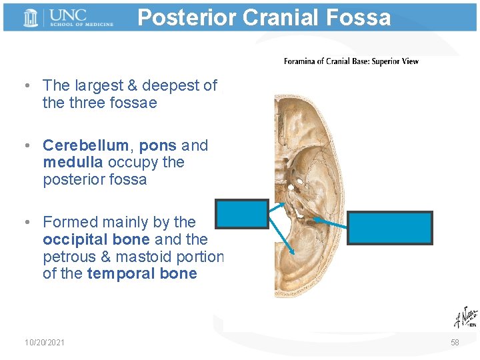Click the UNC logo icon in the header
pos(31,17)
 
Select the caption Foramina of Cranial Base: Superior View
pos(351,61)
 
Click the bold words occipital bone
pos(96,239)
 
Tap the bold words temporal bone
pos(142,273)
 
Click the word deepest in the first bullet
pos(167,86)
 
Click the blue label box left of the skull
pos(242,214)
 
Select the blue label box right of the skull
pos(391,227)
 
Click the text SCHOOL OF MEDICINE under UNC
pos(83,25)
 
